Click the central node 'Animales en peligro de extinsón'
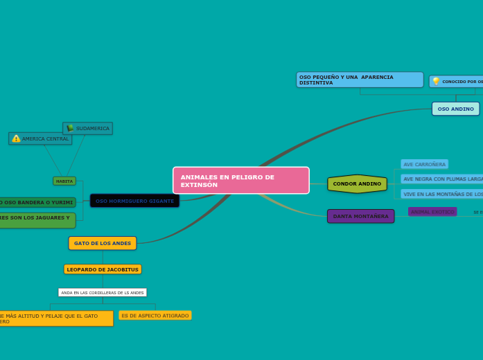coord(240,180)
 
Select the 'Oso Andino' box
coord(455,109)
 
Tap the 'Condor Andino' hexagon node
coord(357,183)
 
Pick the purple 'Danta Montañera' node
coord(360,216)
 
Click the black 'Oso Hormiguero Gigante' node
coord(134,201)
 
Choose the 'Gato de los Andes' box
coord(103,243)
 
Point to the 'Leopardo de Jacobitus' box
coord(103,269)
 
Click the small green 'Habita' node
coord(64,181)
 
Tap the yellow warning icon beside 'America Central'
coord(16,138)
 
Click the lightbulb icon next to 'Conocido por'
coord(436,82)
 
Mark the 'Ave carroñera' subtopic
coord(424,164)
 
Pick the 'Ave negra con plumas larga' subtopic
coord(442,179)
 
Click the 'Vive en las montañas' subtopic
coord(442,194)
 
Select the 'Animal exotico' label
coord(432,212)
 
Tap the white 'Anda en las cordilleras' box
coord(103,293)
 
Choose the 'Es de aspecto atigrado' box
coord(155,316)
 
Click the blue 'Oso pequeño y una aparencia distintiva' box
coord(360,80)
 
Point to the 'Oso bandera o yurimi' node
coord(37,202)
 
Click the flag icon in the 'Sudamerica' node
coord(70,128)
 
